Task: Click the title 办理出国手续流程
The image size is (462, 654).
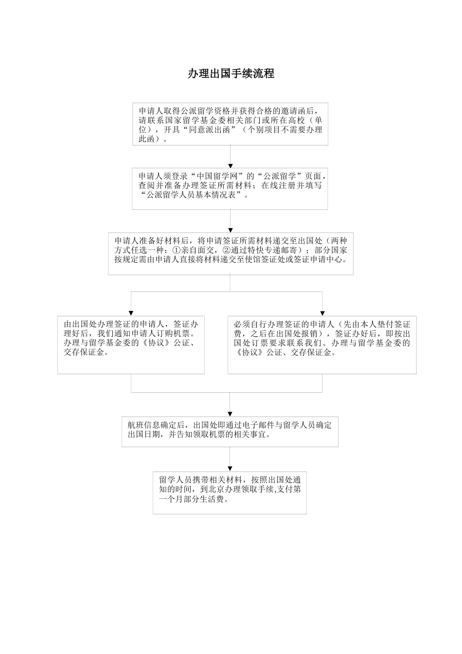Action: (231, 73)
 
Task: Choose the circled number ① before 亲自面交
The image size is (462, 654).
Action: (177, 250)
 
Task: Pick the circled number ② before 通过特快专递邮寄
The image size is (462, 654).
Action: (226, 250)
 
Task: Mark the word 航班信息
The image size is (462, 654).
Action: (144, 425)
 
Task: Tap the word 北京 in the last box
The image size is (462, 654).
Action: (210, 490)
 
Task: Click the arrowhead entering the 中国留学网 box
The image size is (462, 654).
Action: (231, 166)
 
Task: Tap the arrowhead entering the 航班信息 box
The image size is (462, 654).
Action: (230, 414)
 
